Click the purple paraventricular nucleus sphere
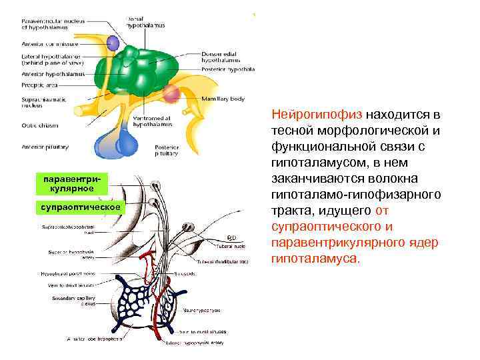pyautogui.click(x=114, y=43)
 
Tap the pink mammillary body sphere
pyautogui.click(x=171, y=92)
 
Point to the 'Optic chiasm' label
pyautogui.click(x=40, y=125)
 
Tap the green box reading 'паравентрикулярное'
pyautogui.click(x=71, y=185)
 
